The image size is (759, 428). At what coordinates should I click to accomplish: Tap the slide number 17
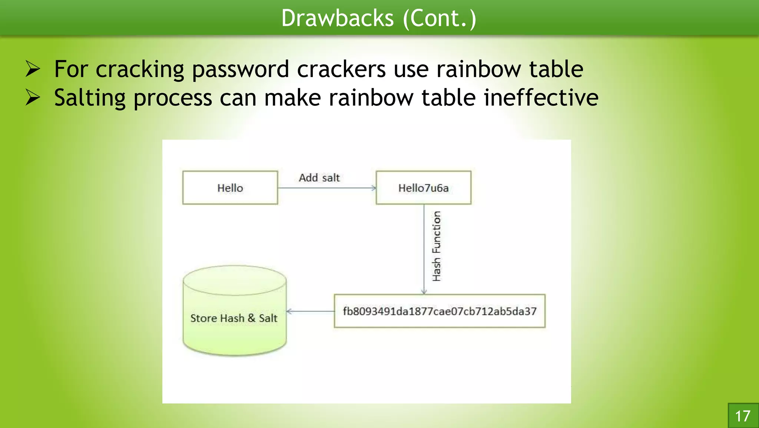click(743, 416)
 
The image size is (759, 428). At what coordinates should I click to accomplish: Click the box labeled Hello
click(230, 188)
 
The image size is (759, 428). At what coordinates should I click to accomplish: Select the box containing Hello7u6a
click(423, 188)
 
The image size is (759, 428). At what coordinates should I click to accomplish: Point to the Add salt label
click(319, 178)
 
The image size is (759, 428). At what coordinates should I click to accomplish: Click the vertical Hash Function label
click(437, 246)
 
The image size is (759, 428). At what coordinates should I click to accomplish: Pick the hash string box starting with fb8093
click(440, 311)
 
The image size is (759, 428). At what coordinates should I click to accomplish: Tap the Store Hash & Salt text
click(234, 318)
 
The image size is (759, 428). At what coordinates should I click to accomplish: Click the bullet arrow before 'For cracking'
click(33, 69)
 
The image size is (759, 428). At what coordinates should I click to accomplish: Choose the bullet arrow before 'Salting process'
click(33, 98)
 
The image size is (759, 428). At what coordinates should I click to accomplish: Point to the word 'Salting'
click(90, 98)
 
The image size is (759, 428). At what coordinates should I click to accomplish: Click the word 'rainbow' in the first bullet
click(478, 69)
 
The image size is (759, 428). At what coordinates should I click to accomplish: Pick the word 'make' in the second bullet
click(292, 98)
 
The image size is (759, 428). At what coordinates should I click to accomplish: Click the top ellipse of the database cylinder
click(235, 280)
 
